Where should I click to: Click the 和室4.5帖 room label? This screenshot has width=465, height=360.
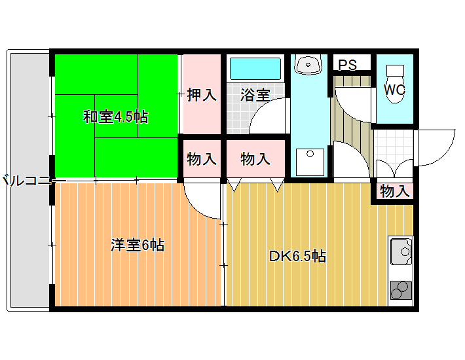pyautogui.click(x=115, y=117)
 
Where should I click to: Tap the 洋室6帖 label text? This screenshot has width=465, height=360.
pyautogui.click(x=137, y=245)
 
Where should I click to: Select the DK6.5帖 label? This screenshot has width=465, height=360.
pyautogui.click(x=297, y=256)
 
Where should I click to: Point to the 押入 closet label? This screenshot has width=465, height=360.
pyautogui.click(x=202, y=95)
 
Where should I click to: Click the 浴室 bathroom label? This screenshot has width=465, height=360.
pyautogui.click(x=255, y=95)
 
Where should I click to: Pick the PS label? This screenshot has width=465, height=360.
pyautogui.click(x=348, y=65)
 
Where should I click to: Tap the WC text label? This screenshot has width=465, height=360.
pyautogui.click(x=394, y=90)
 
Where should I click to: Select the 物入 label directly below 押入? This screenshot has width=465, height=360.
pyautogui.click(x=202, y=159)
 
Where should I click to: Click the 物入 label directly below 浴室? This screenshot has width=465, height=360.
pyautogui.click(x=255, y=159)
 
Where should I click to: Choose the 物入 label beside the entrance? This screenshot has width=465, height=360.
pyautogui.click(x=395, y=192)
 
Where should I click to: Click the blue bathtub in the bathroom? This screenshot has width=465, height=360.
pyautogui.click(x=255, y=69)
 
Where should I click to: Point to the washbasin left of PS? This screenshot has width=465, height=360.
pyautogui.click(x=308, y=64)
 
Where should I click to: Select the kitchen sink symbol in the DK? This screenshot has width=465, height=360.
pyautogui.click(x=401, y=251)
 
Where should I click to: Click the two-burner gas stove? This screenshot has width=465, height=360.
pyautogui.click(x=401, y=289)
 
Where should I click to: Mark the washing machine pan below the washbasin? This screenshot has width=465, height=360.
pyautogui.click(x=308, y=162)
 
